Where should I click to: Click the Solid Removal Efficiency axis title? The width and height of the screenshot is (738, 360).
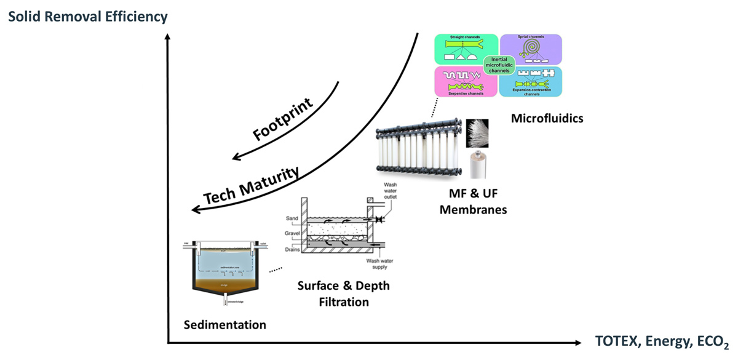pos(87,17)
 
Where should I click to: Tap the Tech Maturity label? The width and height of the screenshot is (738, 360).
pos(252,186)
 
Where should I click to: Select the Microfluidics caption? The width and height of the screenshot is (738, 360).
pos(547,118)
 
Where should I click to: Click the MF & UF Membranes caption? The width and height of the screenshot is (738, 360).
pos(477,201)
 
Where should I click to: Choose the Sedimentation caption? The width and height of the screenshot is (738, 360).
pos(225,324)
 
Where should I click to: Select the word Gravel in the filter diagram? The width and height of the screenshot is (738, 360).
pos(294,234)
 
